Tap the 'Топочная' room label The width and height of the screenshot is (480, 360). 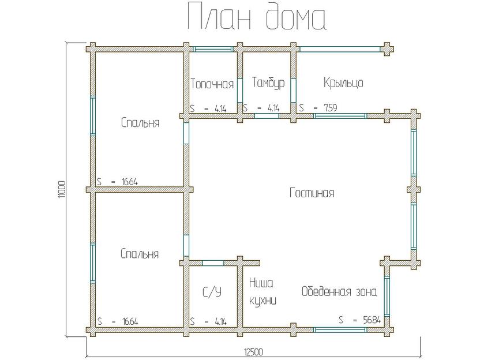click(x=212, y=84)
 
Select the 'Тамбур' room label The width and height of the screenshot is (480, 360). click(x=268, y=82)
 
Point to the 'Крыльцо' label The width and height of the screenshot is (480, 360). click(x=343, y=82)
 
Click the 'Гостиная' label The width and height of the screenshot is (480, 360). click(x=312, y=193)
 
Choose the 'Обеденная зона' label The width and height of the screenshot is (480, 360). click(x=339, y=291)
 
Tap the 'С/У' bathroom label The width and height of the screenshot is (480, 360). click(x=212, y=292)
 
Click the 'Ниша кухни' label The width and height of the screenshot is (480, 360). click(x=262, y=291)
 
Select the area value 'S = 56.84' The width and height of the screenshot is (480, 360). click(x=359, y=320)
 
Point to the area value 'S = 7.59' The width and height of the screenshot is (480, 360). click(x=318, y=108)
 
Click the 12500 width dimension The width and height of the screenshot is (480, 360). click(x=253, y=352)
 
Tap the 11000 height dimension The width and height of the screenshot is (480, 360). click(x=61, y=190)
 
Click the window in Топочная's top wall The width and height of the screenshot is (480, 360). click(x=213, y=49)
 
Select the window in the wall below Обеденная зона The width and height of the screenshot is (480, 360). click(x=340, y=330)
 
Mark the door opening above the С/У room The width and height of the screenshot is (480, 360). click(x=213, y=263)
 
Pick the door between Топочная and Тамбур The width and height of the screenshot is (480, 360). click(x=240, y=91)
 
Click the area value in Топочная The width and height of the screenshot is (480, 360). click(x=208, y=108)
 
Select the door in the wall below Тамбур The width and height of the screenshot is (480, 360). click(x=267, y=116)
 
